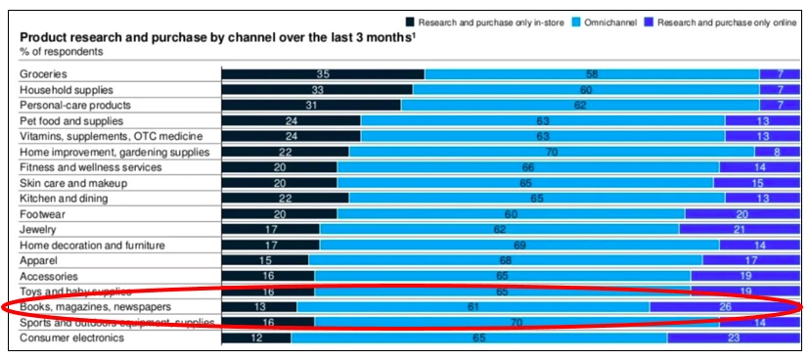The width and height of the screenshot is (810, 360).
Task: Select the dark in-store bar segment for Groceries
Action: pos(323,74)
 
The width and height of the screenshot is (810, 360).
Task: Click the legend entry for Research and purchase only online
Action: pos(723,22)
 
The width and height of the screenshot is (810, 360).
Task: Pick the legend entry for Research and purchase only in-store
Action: pos(483,22)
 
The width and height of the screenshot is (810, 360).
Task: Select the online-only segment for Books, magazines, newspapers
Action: pos(723,307)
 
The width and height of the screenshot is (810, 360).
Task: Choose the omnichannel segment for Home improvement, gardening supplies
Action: pos(551,152)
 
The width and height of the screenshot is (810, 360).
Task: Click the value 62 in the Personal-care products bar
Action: pos(579,105)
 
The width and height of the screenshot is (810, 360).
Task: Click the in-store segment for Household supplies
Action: pos(317,89)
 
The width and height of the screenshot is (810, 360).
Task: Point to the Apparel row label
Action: pos(39,260)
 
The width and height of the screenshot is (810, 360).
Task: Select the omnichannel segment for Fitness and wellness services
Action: pos(528,167)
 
